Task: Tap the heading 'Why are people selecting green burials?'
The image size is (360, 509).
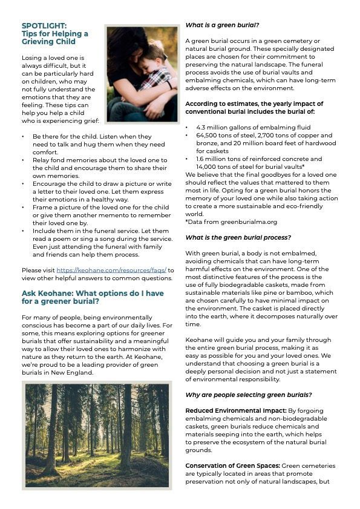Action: pos(248,395)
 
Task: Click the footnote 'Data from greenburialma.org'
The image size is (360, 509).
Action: pos(232,222)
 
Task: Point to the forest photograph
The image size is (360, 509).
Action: pos(97,435)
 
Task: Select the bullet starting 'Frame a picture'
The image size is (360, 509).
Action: pos(97,208)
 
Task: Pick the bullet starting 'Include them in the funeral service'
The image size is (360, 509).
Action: pos(97,231)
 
